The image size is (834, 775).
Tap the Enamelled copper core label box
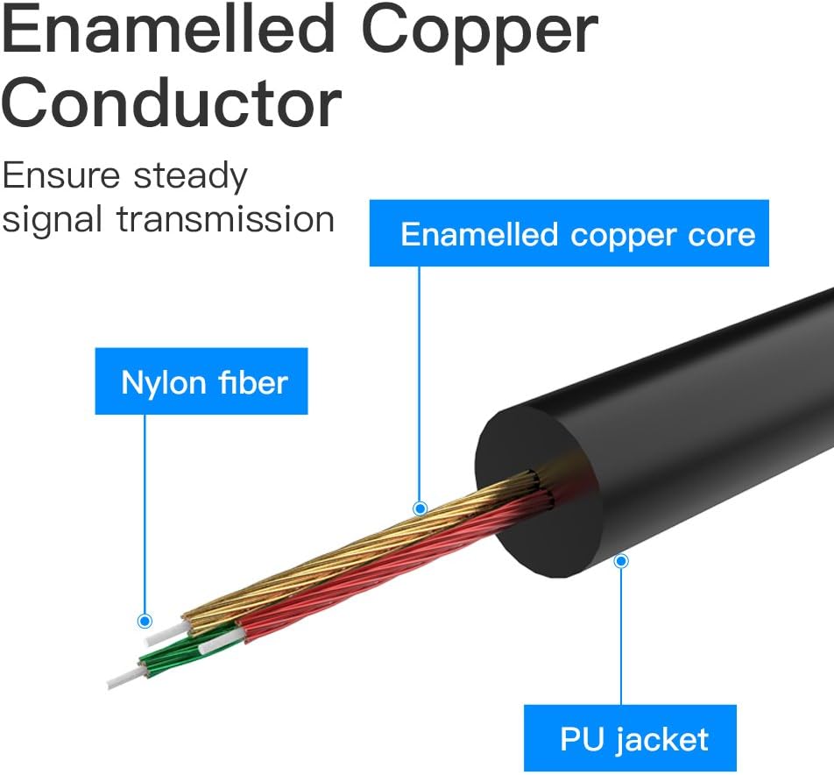pyautogui.click(x=569, y=234)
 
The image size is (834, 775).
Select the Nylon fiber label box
pyautogui.click(x=202, y=381)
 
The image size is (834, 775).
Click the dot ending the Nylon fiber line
pyautogui.click(x=145, y=621)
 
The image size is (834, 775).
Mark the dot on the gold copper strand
pyautogui.click(x=420, y=508)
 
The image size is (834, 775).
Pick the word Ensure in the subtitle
pyautogui.click(x=61, y=176)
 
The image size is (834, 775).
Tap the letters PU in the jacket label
pyautogui.click(x=578, y=738)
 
